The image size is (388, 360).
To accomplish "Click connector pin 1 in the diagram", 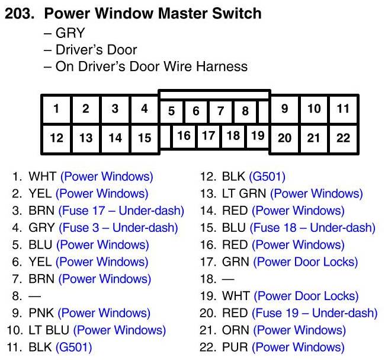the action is click(56, 109).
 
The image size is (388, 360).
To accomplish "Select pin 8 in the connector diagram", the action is click(245, 111).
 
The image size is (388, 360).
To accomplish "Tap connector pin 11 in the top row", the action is click(343, 109).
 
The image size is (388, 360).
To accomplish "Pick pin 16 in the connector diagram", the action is click(184, 136).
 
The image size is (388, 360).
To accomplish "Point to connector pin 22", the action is click(343, 138).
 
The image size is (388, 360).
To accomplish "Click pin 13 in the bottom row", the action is click(86, 138).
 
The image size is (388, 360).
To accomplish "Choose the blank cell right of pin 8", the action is click(263, 111).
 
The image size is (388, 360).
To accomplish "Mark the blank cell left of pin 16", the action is click(165, 136).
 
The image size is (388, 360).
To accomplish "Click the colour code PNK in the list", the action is click(41, 313).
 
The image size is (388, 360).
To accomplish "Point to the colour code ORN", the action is click(235, 330).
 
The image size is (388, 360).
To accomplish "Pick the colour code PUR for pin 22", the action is click(235, 347).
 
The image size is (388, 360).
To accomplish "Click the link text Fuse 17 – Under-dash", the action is click(121, 211).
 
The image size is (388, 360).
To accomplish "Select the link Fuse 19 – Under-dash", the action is click(315, 313).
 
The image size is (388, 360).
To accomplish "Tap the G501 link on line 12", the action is click(267, 177).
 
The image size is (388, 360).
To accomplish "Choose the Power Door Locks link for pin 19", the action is click(306, 296).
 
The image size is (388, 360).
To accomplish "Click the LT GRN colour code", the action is click(244, 194).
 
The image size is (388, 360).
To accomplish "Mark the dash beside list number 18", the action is click(228, 279).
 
